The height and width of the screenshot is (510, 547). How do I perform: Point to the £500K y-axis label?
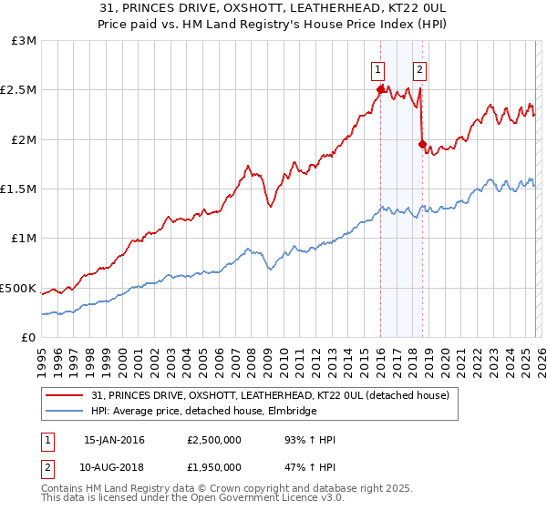(19, 288)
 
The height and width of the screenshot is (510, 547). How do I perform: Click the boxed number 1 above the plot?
(377, 66)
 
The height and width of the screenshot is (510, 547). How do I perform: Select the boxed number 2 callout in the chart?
(420, 66)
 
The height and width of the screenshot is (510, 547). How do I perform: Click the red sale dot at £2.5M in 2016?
(379, 89)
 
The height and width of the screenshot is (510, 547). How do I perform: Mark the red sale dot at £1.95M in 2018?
(421, 144)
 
